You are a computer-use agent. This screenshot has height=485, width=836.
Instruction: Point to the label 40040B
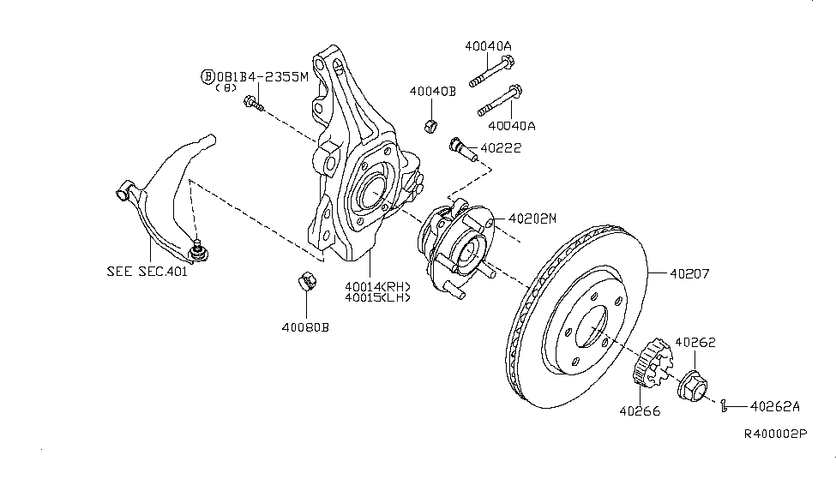pyautogui.click(x=431, y=91)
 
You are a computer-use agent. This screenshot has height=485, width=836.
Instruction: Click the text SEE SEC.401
pyautogui.click(x=147, y=272)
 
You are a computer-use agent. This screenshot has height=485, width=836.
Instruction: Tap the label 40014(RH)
pyautogui.click(x=377, y=286)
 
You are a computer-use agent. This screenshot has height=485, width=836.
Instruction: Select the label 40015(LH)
pyautogui.click(x=377, y=297)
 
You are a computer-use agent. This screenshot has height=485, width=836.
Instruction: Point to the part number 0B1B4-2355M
pyautogui.click(x=260, y=76)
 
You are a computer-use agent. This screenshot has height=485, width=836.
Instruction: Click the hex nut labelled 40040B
pyautogui.click(x=432, y=127)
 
